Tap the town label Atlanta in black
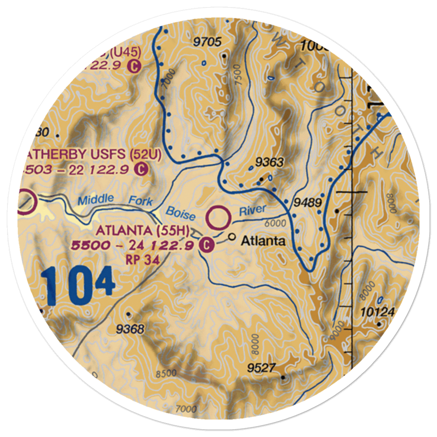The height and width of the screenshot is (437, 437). tap(264, 240)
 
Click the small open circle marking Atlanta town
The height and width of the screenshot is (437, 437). tap(232, 238)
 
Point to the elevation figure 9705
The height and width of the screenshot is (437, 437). tap(208, 42)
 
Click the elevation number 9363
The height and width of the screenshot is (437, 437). tap(270, 163)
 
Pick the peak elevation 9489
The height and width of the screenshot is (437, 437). tap(308, 203)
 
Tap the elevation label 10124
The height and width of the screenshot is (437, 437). tap(378, 312)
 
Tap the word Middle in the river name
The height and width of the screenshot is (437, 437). tap(96, 200)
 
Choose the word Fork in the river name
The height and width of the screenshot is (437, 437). tap(141, 201)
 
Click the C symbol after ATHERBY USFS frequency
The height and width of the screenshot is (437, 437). tap(141, 168)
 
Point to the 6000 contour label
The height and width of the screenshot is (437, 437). tap(275, 223)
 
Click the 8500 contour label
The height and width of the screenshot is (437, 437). tap(166, 374)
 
